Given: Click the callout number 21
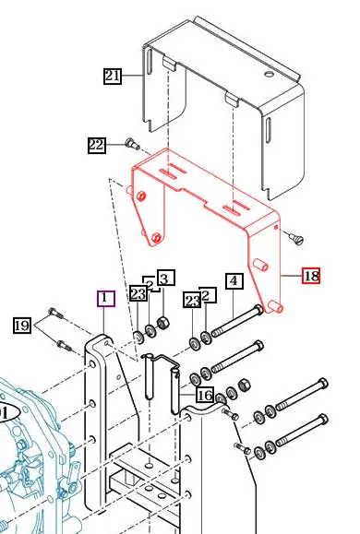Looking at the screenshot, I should tap(113, 77).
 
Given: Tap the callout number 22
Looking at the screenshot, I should tap(97, 145).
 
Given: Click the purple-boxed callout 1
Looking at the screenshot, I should tap(105, 298).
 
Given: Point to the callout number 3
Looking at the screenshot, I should tap(164, 278).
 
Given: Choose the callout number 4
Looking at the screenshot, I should tap(233, 280).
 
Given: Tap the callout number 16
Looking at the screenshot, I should tap(204, 395).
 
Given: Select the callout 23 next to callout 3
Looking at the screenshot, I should tap(138, 294).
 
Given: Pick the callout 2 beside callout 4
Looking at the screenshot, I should tap(209, 294).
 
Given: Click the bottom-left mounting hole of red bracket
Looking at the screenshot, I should tap(158, 239).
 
